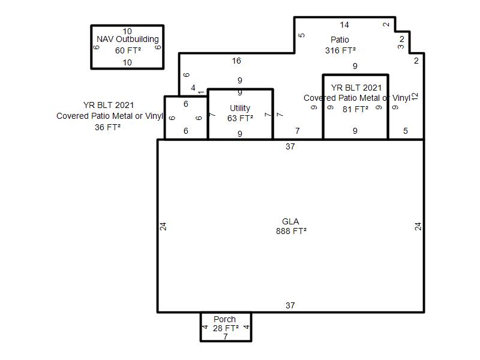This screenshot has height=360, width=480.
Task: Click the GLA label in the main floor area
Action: [290, 221]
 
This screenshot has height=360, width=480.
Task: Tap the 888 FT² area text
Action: [291, 231]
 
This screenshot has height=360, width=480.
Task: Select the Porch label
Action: [224, 319]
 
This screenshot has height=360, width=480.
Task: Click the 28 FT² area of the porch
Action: [226, 328]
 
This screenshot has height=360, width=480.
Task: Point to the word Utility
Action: [240, 108]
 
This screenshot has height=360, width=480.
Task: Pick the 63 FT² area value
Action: [240, 118]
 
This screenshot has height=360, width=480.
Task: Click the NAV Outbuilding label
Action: [128, 39]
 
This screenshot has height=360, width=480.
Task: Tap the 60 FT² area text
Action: [128, 50]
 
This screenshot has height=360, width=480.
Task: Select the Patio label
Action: [340, 40]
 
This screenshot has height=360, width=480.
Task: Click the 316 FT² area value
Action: [340, 50]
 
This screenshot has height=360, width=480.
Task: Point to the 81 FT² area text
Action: [355, 109]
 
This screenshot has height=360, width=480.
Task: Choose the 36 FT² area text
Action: [107, 127]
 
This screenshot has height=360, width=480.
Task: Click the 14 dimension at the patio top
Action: [344, 25]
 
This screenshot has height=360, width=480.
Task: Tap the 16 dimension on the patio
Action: [236, 61]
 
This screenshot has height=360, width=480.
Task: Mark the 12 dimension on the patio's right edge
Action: [415, 97]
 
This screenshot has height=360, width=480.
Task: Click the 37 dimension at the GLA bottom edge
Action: [290, 305]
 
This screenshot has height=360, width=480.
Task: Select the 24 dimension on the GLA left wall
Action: [163, 227]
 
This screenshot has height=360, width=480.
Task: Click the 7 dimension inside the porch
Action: [226, 337]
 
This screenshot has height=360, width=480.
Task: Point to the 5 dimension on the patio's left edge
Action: [302, 35]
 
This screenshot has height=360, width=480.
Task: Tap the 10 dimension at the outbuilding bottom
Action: [127, 62]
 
